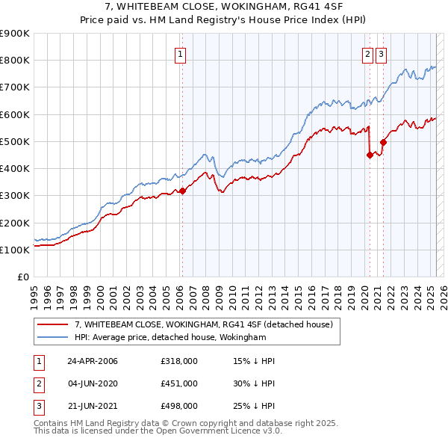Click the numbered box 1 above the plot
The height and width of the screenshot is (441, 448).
click(181, 53)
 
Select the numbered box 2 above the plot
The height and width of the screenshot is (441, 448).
click(368, 53)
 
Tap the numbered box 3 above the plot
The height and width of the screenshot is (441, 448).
click(381, 53)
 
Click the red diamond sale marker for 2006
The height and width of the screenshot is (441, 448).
click(182, 191)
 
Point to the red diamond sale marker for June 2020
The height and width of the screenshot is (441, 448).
click(370, 155)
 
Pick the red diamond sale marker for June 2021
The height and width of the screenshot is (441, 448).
click(383, 142)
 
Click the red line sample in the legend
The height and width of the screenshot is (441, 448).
click(55, 325)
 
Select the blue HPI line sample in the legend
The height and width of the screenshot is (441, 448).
click(55, 338)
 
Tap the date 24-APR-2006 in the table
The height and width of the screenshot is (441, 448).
click(93, 361)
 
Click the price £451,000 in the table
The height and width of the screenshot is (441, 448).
click(179, 383)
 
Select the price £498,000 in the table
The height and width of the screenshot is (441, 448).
click(179, 406)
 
